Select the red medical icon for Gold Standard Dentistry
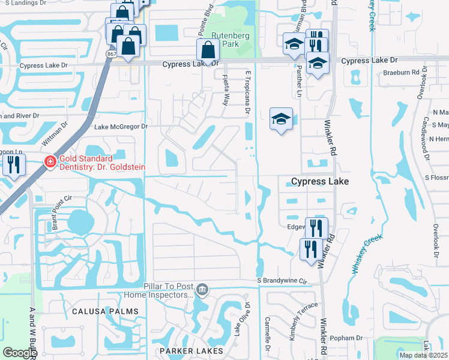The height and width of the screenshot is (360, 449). (x=50, y=161)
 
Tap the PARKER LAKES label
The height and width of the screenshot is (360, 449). (x=191, y=350)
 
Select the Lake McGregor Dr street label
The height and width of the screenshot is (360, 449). (x=121, y=127)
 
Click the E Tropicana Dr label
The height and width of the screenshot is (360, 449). (x=247, y=94)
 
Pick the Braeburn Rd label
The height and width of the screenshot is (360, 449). (x=401, y=73)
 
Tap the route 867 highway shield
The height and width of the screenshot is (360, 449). (x=111, y=54)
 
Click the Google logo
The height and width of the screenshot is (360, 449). (x=20, y=353)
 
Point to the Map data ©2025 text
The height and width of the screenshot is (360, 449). (x=423, y=355)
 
